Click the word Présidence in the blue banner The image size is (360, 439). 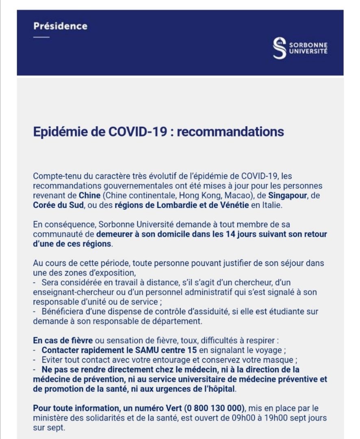tap(60, 26)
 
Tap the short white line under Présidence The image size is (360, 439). tap(41, 37)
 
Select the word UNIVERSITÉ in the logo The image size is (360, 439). tap(308, 52)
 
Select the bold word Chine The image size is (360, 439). tap(90, 196)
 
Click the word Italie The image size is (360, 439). tap(271, 205)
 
